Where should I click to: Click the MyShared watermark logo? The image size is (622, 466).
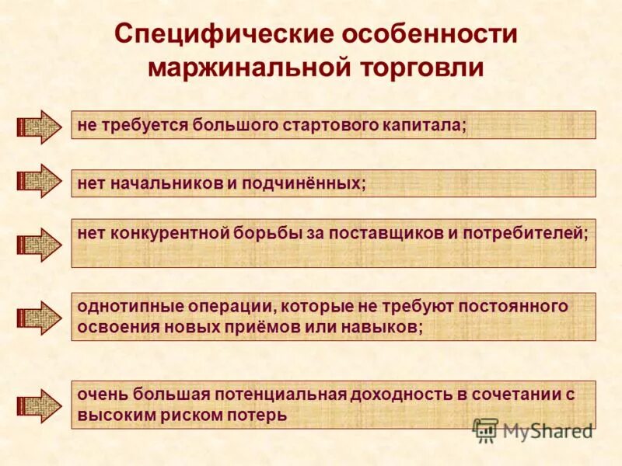(x=533, y=429)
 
